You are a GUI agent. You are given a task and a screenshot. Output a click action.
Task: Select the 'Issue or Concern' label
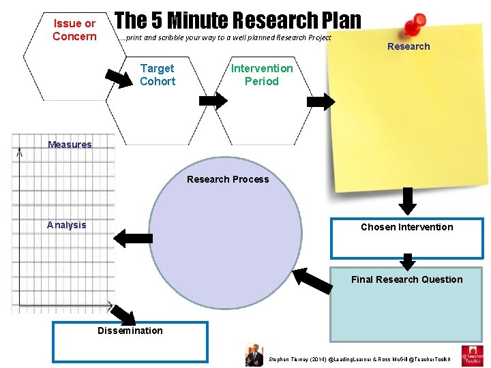[74, 30]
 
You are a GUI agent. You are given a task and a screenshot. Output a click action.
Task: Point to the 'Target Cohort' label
[158, 74]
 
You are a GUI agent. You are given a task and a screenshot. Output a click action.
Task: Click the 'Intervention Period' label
[262, 74]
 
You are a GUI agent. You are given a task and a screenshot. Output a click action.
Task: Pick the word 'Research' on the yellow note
[408, 46]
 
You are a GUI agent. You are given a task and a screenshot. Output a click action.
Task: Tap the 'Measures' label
[70, 144]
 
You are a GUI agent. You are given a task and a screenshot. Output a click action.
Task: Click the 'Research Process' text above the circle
[228, 179]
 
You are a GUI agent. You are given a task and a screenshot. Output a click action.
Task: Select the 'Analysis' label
[67, 225]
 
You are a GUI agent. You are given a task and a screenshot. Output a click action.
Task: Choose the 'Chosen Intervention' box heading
[406, 227]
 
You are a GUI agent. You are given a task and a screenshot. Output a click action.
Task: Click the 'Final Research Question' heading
[406, 279]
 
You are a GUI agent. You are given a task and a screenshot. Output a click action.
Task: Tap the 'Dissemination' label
[130, 331]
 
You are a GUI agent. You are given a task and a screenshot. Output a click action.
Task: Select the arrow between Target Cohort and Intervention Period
[212, 101]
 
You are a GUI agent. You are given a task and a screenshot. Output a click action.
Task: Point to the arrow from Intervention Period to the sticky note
[321, 102]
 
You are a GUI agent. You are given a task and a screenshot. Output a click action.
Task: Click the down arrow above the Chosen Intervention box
[407, 201]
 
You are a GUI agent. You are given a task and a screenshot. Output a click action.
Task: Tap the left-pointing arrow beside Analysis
[133, 238]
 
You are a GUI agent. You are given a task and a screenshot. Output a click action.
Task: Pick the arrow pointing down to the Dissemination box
[123, 314]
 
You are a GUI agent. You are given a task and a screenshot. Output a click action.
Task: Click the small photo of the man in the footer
[254, 354]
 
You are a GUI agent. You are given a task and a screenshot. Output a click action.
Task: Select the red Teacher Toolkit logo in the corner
[472, 355]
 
